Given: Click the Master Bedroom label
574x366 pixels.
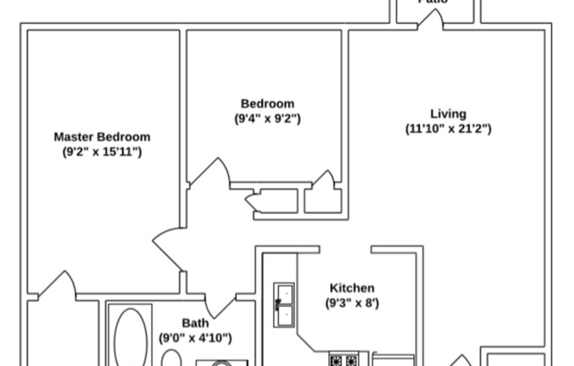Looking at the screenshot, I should pyautogui.click(x=102, y=136).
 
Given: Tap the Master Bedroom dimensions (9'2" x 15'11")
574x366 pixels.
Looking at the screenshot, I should pyautogui.click(x=102, y=151).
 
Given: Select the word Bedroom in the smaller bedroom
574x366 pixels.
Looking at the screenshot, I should pyautogui.click(x=267, y=103).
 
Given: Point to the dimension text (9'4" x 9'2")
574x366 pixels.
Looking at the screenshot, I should pyautogui.click(x=267, y=118).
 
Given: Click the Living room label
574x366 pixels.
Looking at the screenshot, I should pyautogui.click(x=448, y=113).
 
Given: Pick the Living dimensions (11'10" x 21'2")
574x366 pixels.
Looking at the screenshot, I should pyautogui.click(x=448, y=128).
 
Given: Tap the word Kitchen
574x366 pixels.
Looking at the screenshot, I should pyautogui.click(x=352, y=288).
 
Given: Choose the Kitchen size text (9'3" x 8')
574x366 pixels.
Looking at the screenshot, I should pyautogui.click(x=352, y=303).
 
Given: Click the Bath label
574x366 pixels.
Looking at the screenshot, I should pyautogui.click(x=195, y=322).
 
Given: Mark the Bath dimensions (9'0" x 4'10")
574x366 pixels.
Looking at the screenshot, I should pyautogui.click(x=195, y=337).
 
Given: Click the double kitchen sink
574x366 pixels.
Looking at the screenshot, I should pyautogui.click(x=283, y=304).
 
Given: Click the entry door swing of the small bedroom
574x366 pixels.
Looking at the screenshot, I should pyautogui.click(x=209, y=174).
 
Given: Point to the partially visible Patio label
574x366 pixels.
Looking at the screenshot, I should pyautogui.click(x=433, y=3).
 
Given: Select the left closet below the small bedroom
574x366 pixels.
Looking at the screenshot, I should pyautogui.click(x=267, y=201).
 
